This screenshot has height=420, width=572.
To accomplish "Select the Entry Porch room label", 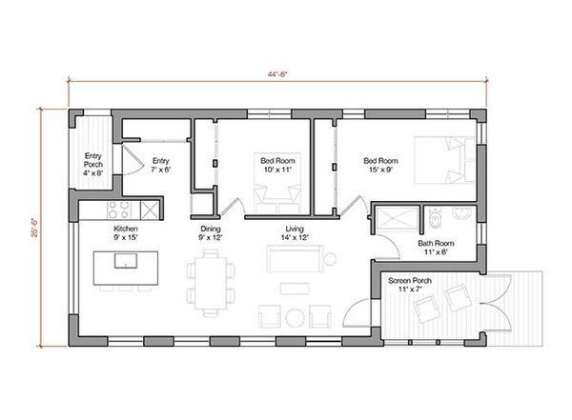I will tap(93, 165).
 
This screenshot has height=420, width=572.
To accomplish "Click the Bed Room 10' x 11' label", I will tap(277, 166).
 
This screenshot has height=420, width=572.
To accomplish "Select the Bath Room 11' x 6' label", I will tap(436, 248).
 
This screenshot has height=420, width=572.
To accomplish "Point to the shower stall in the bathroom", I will tap(398, 218).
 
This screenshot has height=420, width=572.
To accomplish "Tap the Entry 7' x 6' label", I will tap(160, 166).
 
